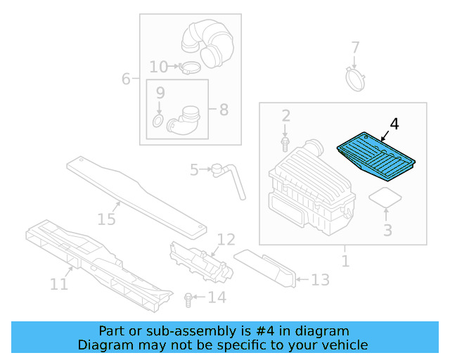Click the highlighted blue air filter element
pyautogui.click(x=376, y=156)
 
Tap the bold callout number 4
pyautogui.click(x=394, y=124)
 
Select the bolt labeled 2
pyautogui.click(x=285, y=144)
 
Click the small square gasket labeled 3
pyautogui.click(x=385, y=197)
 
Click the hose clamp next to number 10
pyautogui.click(x=189, y=67)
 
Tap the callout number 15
pyautogui.click(x=106, y=219)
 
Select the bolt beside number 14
pyautogui.click(x=188, y=300)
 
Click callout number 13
pyautogui.click(x=321, y=280)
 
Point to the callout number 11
pyautogui.click(x=59, y=284)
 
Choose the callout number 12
pyautogui.click(x=226, y=239)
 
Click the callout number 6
pyautogui.click(x=126, y=79)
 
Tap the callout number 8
pyautogui.click(x=224, y=110)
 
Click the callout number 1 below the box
pyautogui.click(x=345, y=261)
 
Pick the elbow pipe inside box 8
pyautogui.click(x=184, y=121)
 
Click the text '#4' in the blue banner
pyautogui.click(x=265, y=331)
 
